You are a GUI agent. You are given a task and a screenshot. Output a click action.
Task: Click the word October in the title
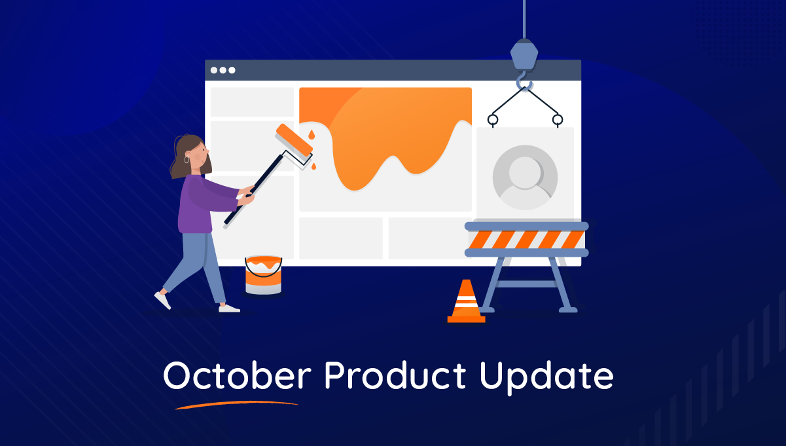[x=237, y=375]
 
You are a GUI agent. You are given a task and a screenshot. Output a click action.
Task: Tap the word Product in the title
[x=395, y=375]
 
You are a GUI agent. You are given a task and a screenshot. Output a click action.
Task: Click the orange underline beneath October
[x=237, y=405]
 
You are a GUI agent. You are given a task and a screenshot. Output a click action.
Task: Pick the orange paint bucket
[x=263, y=275]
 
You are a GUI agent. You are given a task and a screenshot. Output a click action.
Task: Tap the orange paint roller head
[x=294, y=139]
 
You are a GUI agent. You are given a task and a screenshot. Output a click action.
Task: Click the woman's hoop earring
[x=187, y=160]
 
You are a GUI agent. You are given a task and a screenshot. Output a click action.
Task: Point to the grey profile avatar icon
[x=525, y=177]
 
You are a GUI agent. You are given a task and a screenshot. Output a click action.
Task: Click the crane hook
[x=524, y=81]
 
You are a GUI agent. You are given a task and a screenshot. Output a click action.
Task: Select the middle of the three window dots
[x=223, y=70]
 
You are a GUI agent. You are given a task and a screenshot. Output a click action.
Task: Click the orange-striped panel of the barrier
[x=526, y=240]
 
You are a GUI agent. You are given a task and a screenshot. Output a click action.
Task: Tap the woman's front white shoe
[x=229, y=308]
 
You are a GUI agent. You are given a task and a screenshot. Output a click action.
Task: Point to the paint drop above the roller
[x=312, y=135]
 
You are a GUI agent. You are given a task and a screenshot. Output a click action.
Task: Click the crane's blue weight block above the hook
[x=524, y=54]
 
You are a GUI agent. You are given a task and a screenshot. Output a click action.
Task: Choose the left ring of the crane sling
[x=493, y=120]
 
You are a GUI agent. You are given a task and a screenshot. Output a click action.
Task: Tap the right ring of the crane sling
[x=557, y=120]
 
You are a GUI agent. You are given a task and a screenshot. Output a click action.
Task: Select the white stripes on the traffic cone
[x=466, y=301]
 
